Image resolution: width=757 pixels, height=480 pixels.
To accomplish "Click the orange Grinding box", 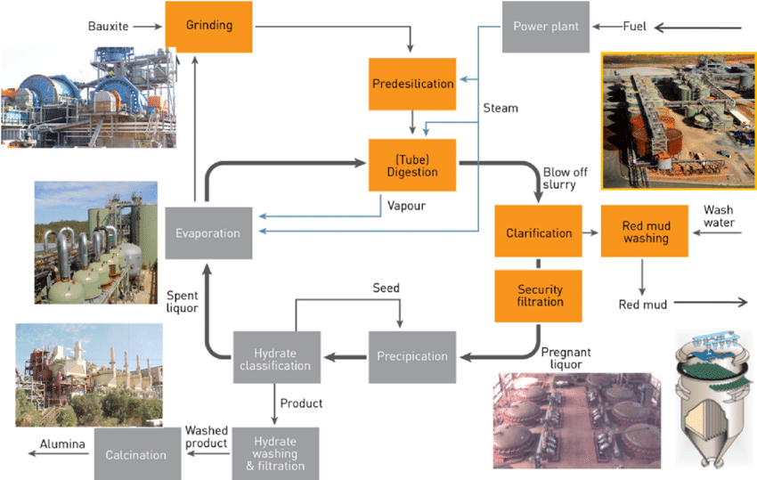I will pos(209,26).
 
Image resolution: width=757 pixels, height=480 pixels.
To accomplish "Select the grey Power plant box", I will pos(545,26).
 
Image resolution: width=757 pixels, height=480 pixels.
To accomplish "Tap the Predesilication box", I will pos(412,85).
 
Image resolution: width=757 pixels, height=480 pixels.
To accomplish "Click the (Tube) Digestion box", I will pos(412,165).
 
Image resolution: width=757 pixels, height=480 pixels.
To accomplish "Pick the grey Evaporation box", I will pos(208,233).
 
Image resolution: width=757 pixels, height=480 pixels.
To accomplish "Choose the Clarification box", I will pos(539,233).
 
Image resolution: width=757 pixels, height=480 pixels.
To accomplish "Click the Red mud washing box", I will pos(646,233).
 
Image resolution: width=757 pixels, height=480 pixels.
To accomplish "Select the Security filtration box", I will pos(540,296).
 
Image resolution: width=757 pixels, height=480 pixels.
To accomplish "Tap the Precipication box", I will pos(412,356).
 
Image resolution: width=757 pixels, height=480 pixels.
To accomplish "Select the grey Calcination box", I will pos(136,454).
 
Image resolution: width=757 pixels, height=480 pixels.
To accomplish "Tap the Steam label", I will pos(500,109).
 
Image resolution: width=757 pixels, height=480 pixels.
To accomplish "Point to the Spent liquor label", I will pos(184,301).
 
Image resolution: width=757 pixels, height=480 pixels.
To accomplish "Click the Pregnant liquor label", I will pos(566,359).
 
